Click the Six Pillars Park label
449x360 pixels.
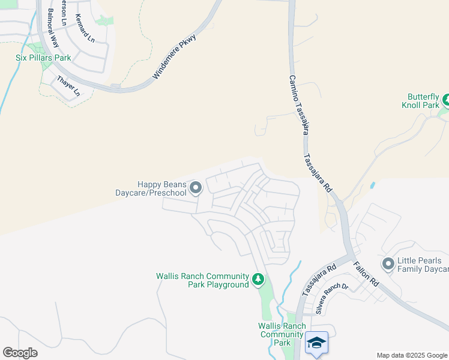(43, 58)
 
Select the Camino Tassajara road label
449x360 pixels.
(298, 104)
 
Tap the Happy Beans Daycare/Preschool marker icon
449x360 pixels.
(196, 189)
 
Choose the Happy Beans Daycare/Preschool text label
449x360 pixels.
(151, 189)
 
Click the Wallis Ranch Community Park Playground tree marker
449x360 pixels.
(258, 280)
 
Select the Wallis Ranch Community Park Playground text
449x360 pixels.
(202, 280)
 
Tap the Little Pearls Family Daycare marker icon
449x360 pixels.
(388, 263)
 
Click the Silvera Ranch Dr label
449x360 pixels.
(328, 295)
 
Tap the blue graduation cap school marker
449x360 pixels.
(316, 343)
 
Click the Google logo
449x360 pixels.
(20, 353)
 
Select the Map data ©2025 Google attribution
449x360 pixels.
(411, 355)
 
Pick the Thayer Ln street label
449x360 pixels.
(68, 86)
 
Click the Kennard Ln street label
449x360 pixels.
(85, 29)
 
